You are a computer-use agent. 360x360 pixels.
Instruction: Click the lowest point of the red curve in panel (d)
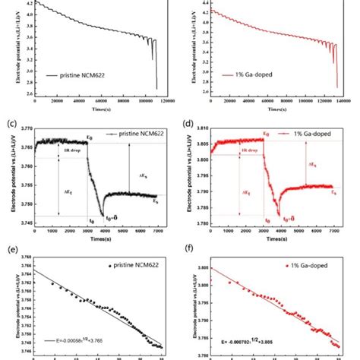pos(280,216)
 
